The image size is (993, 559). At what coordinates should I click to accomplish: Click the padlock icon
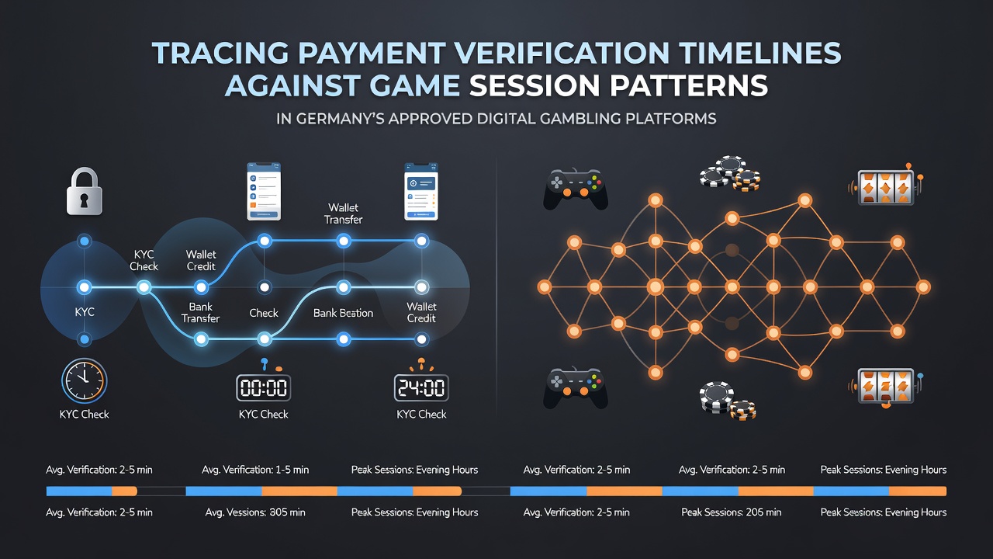tap(85, 191)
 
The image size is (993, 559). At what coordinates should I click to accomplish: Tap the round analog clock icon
tap(85, 380)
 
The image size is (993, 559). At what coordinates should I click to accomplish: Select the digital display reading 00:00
tap(263, 387)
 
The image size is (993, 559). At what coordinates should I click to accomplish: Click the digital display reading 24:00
tap(421, 387)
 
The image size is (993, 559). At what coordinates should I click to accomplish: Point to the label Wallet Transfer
tap(343, 214)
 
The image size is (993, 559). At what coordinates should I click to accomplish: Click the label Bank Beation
tap(343, 313)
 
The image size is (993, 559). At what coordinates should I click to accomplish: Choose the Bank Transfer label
tap(200, 312)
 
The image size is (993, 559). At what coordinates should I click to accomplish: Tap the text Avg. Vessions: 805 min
tap(255, 512)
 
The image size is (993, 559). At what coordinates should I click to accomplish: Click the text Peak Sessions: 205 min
tap(731, 512)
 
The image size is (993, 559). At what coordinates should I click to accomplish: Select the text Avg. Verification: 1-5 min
tap(255, 470)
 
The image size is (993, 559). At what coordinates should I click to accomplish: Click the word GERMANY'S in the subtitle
tap(339, 119)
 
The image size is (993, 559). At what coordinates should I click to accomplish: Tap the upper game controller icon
tap(576, 189)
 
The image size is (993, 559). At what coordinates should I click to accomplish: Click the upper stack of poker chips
tap(730, 173)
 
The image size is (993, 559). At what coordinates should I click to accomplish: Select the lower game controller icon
tap(576, 387)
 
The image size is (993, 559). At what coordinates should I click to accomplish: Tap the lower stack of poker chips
tap(728, 401)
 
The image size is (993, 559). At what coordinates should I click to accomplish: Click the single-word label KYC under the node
tap(85, 312)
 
